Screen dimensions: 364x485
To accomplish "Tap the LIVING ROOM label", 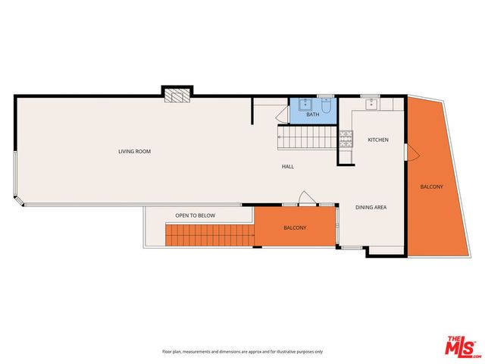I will pyautogui.click(x=134, y=152).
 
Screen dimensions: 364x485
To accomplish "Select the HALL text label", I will pyautogui.click(x=287, y=167).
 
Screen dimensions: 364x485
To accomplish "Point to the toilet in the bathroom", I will pyautogui.click(x=326, y=108).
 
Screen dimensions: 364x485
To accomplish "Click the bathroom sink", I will pyautogui.click(x=305, y=105).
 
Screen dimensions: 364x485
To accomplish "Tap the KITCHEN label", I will pyautogui.click(x=378, y=140).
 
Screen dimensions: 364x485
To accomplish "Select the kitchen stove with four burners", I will pyautogui.click(x=346, y=139).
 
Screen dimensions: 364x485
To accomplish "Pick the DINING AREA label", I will pyautogui.click(x=371, y=207).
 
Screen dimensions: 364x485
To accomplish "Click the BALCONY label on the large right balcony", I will pyautogui.click(x=432, y=187).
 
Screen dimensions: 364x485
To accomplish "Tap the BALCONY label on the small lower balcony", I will pyautogui.click(x=295, y=228).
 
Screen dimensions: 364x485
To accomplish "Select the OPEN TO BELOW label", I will pyautogui.click(x=196, y=216).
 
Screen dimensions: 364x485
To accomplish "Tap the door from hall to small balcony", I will pyautogui.click(x=305, y=199).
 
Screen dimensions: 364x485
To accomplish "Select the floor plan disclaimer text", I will pyautogui.click(x=242, y=352).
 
